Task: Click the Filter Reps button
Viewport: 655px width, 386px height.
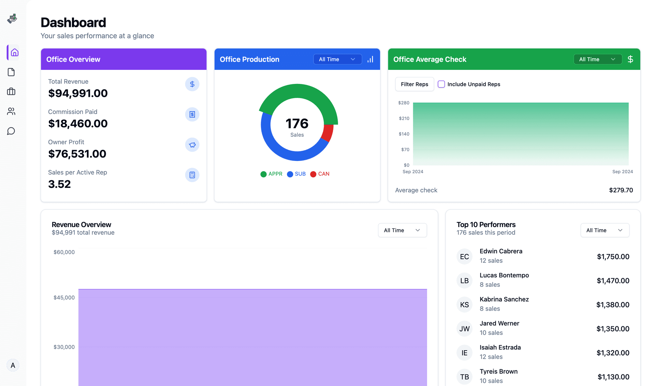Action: click(x=414, y=84)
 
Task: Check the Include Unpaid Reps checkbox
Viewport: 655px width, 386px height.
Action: click(x=441, y=84)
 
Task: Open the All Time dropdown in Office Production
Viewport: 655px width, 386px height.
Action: click(x=337, y=59)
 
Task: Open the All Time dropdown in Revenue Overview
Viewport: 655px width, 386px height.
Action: click(x=402, y=230)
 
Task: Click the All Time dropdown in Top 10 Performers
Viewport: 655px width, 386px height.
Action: click(x=605, y=230)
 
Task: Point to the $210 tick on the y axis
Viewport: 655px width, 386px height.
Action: click(x=404, y=118)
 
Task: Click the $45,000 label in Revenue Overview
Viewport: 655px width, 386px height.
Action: click(x=64, y=298)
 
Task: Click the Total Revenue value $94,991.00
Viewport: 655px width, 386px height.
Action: click(x=78, y=93)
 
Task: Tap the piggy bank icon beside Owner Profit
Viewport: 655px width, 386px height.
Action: click(x=192, y=145)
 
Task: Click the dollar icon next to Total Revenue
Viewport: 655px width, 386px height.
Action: click(x=192, y=84)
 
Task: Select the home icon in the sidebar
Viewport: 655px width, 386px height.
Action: click(x=14, y=53)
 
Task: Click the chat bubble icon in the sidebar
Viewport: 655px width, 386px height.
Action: click(x=11, y=131)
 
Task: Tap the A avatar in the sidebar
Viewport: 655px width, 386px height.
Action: click(x=13, y=366)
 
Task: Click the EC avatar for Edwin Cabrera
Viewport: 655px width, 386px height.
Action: click(x=464, y=257)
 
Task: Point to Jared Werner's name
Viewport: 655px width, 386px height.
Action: click(x=499, y=323)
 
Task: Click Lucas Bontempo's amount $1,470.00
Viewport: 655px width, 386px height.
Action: click(x=613, y=281)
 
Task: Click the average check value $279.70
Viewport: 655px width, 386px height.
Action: click(x=621, y=190)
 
